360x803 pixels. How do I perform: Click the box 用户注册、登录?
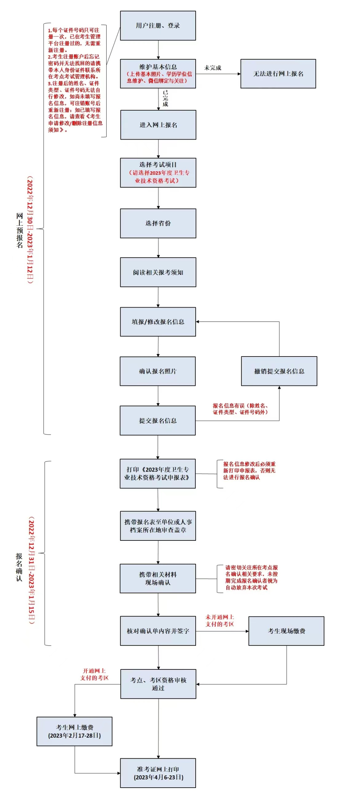click(158, 26)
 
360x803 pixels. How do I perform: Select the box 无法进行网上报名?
click(278, 74)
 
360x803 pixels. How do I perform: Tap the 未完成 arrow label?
click(213, 68)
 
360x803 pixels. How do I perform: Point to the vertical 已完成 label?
click(165, 98)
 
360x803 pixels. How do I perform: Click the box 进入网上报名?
click(158, 125)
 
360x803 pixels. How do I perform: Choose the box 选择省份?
click(158, 223)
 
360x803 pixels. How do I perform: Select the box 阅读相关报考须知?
click(158, 272)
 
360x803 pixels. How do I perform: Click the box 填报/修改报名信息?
click(158, 322)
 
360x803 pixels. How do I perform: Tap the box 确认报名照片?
click(158, 371)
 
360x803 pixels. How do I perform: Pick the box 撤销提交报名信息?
click(279, 371)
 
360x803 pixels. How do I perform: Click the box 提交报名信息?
click(158, 420)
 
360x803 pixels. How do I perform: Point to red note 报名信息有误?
click(240, 409)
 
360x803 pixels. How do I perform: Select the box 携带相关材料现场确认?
click(158, 578)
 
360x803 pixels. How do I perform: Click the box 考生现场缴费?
click(286, 631)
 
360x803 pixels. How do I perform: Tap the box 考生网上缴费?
click(74, 731)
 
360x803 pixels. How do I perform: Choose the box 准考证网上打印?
click(158, 773)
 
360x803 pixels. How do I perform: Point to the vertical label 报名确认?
click(19, 567)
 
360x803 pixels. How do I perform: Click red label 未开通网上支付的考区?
click(220, 620)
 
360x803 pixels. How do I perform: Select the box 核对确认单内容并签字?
click(158, 631)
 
